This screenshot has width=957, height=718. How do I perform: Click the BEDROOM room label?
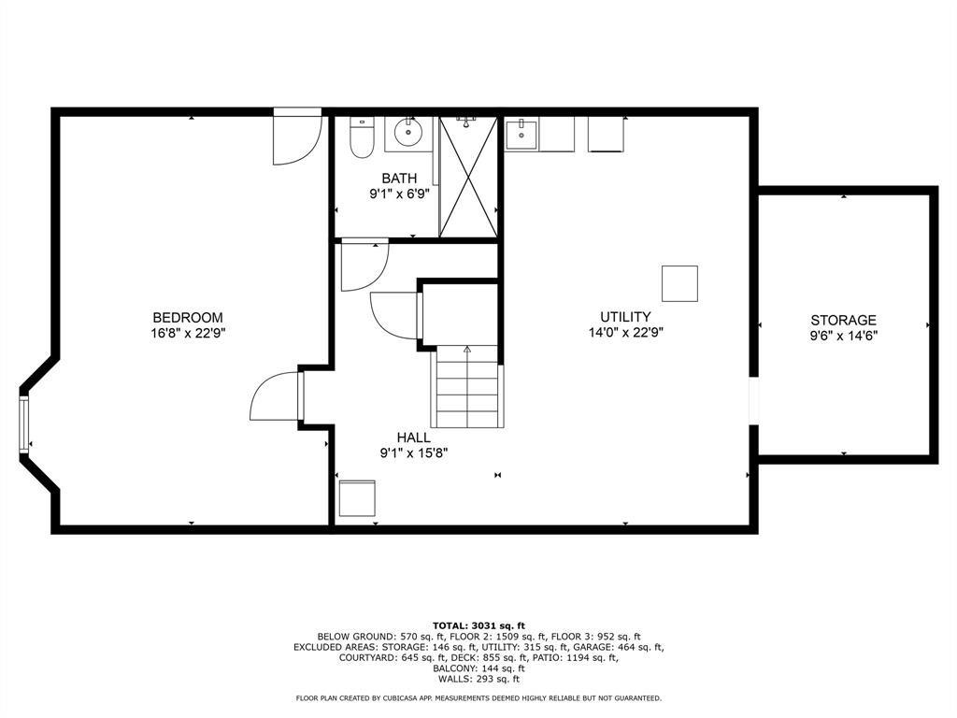[188, 318]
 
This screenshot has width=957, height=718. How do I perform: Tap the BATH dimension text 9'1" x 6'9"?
[400, 194]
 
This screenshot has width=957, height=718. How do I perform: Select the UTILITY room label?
[625, 317]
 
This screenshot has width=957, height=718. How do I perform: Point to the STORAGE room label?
[844, 320]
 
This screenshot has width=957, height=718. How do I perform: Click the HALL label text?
[414, 438]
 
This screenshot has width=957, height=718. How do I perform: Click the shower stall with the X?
[468, 176]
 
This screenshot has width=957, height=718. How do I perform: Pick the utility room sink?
[521, 135]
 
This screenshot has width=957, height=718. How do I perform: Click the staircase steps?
[467, 386]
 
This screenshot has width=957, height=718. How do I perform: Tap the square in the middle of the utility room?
[680, 283]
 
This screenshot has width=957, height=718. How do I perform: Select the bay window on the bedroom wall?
[23, 424]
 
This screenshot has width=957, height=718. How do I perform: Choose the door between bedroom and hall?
[278, 395]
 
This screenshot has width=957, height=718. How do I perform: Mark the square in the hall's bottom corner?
[357, 498]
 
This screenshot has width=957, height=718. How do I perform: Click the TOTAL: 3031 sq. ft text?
[478, 625]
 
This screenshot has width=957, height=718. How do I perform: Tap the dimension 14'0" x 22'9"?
[625, 333]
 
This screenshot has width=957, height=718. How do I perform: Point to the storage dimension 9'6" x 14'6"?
[844, 336]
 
